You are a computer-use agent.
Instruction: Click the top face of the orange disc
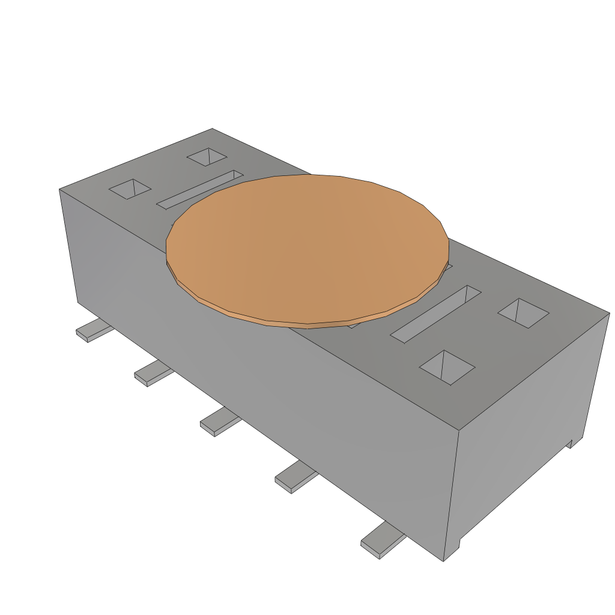pyautogui.click(x=306, y=246)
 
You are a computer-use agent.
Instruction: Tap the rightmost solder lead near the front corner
pyautogui.click(x=381, y=540)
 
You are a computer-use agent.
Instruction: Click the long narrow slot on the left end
pyautogui.click(x=200, y=189)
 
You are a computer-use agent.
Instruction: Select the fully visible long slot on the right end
pyautogui.click(x=435, y=314)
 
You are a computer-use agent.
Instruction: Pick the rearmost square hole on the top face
pyautogui.click(x=207, y=157)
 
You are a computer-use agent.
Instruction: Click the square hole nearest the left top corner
pyautogui.click(x=130, y=189)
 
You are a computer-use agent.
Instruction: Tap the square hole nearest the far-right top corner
pyautogui.click(x=523, y=313)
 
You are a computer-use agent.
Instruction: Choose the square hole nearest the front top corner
pyautogui.click(x=447, y=367)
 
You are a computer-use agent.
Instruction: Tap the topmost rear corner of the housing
pyautogui.click(x=212, y=129)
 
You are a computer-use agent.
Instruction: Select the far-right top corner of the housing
pyautogui.click(x=609, y=313)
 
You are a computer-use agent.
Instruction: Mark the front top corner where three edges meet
pyautogui.click(x=459, y=430)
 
